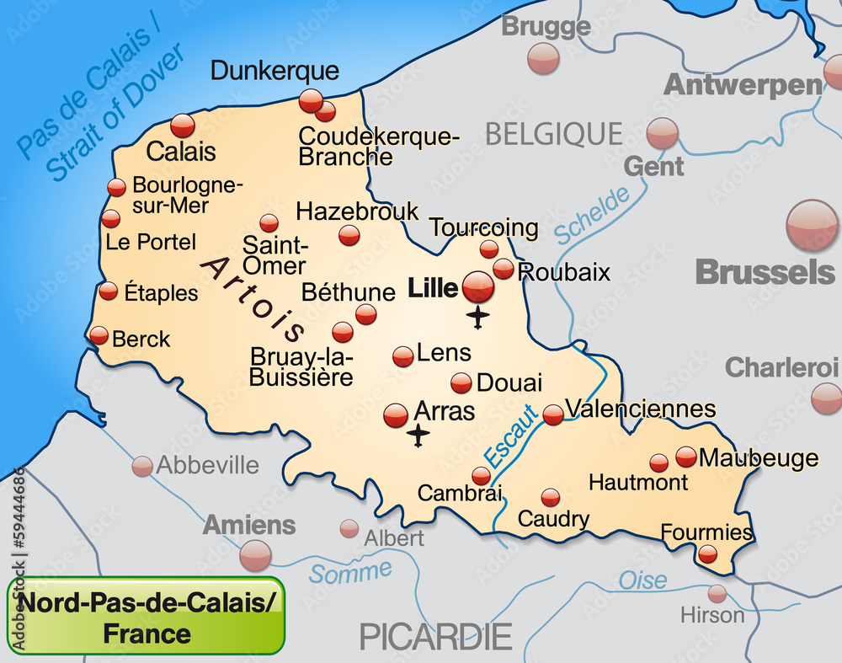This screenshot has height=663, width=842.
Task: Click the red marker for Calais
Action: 183,126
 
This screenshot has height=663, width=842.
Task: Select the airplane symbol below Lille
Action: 478,318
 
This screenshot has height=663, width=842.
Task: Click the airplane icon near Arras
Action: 418,436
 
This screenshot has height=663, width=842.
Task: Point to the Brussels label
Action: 765,272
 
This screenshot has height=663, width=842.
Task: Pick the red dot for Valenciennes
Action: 553,414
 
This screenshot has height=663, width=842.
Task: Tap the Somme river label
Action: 349,572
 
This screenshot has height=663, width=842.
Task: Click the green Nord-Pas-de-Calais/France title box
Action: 147,616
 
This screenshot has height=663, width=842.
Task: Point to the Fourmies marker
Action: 708,553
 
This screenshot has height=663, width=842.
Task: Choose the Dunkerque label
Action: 274,71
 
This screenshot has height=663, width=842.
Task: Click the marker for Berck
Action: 99,336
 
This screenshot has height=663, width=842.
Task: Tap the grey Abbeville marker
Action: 143,466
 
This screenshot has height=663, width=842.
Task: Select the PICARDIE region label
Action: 435,636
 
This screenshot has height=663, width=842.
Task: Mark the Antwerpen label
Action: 743,85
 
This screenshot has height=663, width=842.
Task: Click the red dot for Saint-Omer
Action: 269,223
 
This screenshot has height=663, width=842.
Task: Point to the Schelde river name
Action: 593,216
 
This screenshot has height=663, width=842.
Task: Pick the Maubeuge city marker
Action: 686,457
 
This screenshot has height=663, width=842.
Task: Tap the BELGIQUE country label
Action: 554,133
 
